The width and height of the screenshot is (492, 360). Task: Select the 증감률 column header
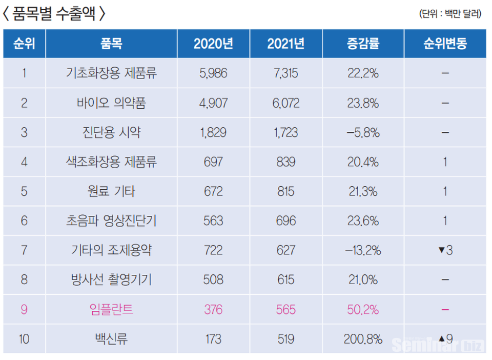click(x=363, y=44)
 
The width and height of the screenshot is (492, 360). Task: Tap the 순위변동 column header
click(x=445, y=44)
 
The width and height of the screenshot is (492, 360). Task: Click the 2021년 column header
click(x=285, y=44)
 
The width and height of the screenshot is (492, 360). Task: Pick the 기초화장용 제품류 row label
click(x=111, y=73)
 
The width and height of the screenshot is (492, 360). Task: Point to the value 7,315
click(x=285, y=73)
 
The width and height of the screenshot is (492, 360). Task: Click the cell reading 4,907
click(x=213, y=103)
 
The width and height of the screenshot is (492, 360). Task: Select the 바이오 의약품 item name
click(x=111, y=103)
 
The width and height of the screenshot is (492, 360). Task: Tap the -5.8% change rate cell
click(x=363, y=133)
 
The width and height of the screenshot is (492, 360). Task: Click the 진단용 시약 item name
click(x=111, y=133)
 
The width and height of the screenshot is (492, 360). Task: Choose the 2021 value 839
click(x=285, y=163)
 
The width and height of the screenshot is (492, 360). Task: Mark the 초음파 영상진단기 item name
click(x=111, y=221)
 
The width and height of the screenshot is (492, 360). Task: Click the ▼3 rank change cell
click(x=445, y=251)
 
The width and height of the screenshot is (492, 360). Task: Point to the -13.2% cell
click(x=363, y=251)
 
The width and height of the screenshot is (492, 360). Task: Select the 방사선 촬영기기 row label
click(x=111, y=280)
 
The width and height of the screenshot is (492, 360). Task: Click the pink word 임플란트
click(x=111, y=310)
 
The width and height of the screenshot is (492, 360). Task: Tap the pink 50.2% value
click(x=363, y=310)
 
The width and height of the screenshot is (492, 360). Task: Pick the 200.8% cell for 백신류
click(x=363, y=339)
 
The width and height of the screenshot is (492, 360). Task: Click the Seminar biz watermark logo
click(x=438, y=345)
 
